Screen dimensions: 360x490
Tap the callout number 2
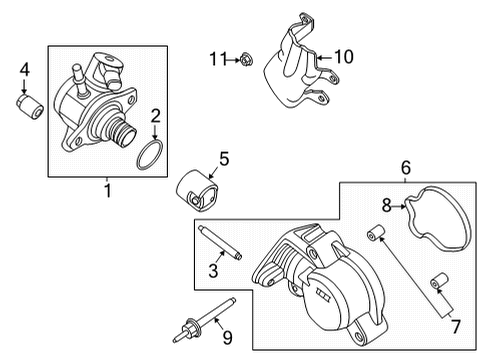[155, 118]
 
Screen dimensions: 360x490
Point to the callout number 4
[26, 69]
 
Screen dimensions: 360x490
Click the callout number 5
[224, 157]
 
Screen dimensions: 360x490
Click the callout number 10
[343, 58]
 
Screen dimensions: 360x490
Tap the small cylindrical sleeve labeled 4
[28, 105]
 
